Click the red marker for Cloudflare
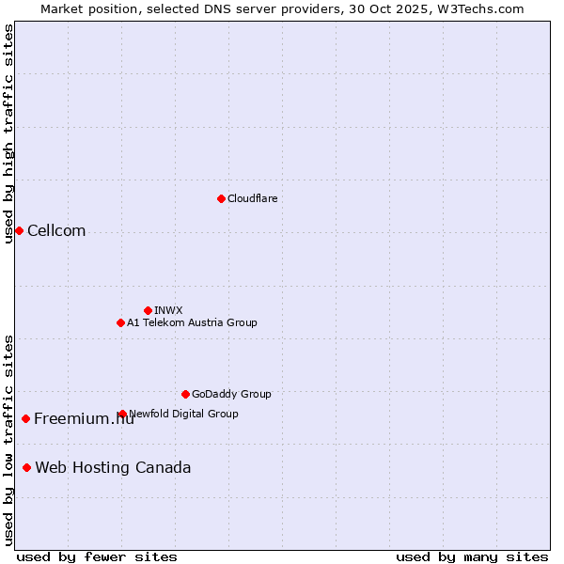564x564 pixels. coord(221,198)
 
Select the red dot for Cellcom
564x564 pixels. coord(19,230)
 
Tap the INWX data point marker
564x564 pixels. coord(148,310)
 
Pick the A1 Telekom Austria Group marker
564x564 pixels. coord(120,322)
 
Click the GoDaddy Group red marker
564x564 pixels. coord(185,394)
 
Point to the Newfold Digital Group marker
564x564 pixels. coord(122,414)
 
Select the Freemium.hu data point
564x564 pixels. coord(25,418)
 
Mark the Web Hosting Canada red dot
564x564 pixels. coord(26,467)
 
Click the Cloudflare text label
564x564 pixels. coord(252,198)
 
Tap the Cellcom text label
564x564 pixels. coord(56,231)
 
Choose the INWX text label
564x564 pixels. coord(168,310)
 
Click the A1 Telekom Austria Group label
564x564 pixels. coord(192,322)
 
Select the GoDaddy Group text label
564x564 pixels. coord(231,394)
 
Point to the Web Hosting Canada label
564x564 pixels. coord(113,468)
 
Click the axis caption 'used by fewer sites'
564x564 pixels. coord(97,556)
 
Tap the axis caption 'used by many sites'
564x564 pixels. coord(472,556)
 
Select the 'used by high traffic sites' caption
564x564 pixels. coord(8,133)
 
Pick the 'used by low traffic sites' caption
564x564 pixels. coord(8,439)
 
